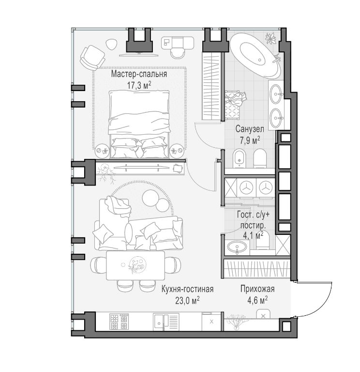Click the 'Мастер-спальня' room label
(139, 74)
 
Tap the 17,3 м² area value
(139, 85)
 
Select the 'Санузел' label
(250, 129)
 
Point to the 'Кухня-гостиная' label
(187, 289)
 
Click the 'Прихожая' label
(257, 289)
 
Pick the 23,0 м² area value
(187, 300)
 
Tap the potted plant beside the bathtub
(270, 38)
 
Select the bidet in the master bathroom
(240, 158)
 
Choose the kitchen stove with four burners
(119, 322)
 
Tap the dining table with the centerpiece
(135, 265)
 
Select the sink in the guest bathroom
(237, 247)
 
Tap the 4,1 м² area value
(253, 235)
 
